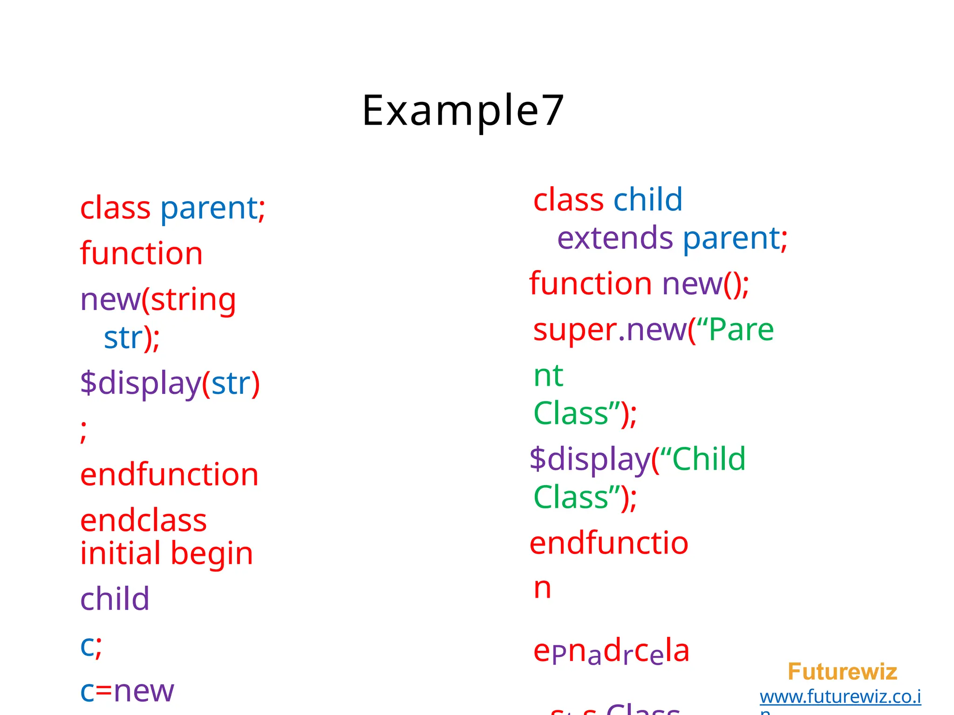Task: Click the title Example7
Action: [463, 111]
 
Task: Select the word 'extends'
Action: [615, 238]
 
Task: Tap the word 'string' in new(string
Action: [193, 299]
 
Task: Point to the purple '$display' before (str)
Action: [140, 384]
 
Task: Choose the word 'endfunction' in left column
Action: [169, 475]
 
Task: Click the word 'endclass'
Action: [143, 520]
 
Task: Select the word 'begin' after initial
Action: [211, 554]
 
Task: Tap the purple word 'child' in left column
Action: [115, 599]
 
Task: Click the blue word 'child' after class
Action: [647, 200]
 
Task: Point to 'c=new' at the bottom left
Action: [127, 691]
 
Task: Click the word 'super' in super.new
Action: [575, 330]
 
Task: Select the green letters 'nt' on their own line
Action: [548, 375]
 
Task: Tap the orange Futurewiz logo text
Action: [842, 672]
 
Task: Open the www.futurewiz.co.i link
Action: [840, 697]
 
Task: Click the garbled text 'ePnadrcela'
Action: [611, 651]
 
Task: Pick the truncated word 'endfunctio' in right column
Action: [608, 543]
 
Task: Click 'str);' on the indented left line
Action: [131, 338]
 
